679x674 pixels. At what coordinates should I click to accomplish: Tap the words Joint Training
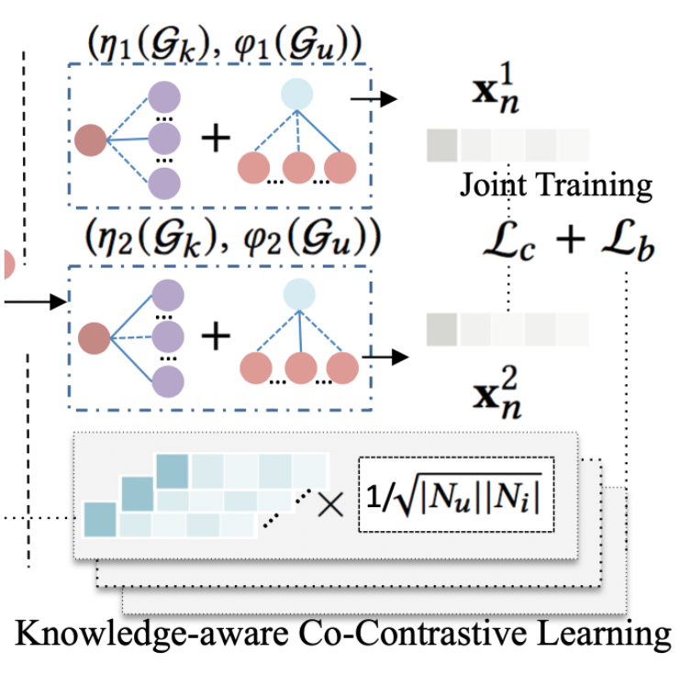click(555, 186)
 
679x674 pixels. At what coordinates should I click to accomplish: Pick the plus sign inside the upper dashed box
click(217, 139)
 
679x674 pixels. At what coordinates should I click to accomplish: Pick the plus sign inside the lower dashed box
click(217, 337)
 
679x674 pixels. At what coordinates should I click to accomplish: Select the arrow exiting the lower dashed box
click(385, 356)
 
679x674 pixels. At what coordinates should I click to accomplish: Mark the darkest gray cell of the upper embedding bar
click(441, 145)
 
